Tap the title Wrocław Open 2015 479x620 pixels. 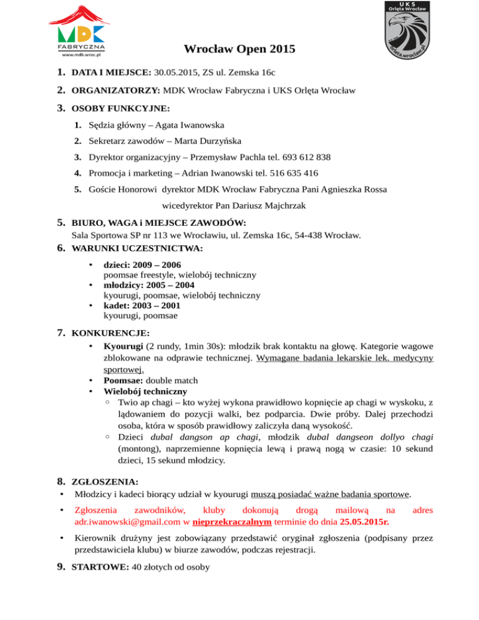[239, 50]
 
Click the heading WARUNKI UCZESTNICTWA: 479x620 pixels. [137, 248]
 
